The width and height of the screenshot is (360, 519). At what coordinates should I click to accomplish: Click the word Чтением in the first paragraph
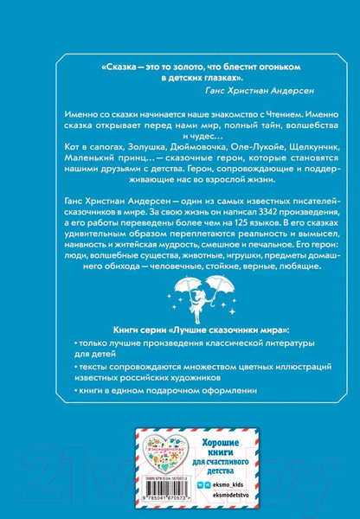[250, 114]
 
